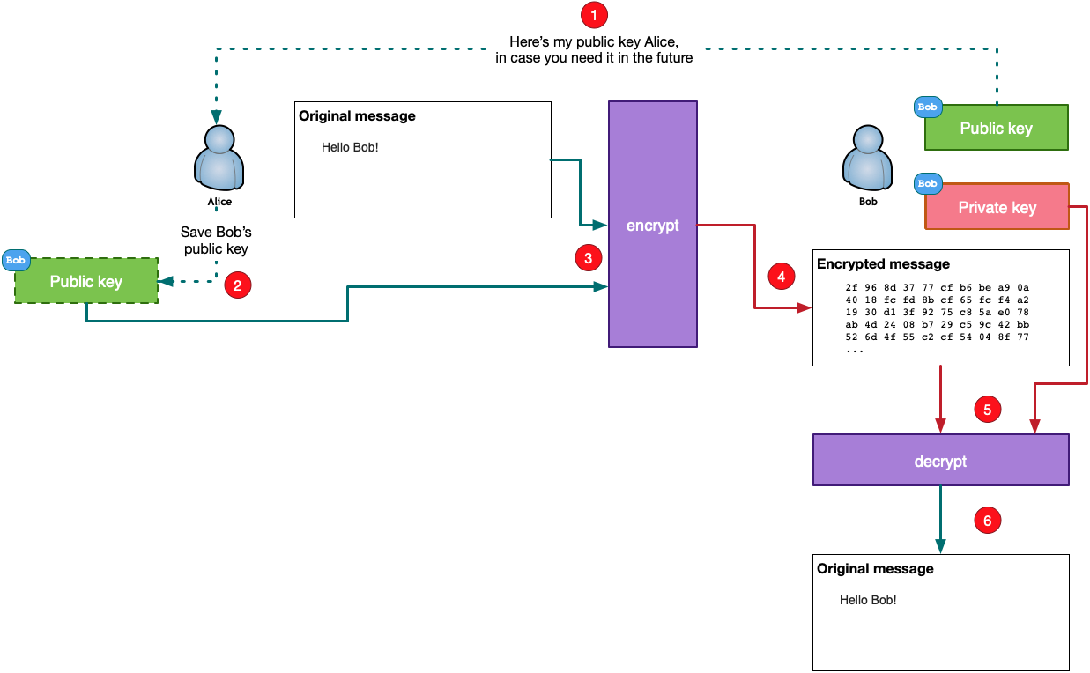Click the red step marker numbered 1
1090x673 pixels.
594,15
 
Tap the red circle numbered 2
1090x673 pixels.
237,285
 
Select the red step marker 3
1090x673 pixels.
588,257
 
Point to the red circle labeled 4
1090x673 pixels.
781,276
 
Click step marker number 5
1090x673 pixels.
987,410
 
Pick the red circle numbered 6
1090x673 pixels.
987,521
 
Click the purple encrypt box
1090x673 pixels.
652,225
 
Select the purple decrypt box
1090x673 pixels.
940,461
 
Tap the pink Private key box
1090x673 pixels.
997,207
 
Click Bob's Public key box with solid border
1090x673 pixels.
996,129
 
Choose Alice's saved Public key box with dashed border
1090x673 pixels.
86,282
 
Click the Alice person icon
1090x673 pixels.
219,159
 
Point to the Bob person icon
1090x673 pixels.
868,159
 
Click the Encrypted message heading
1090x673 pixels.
883,264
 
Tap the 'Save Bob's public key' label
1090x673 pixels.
216,240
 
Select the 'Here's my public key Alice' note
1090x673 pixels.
594,50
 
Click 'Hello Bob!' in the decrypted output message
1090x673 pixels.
867,600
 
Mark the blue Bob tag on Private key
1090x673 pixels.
927,184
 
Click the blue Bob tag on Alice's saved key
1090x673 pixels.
16,260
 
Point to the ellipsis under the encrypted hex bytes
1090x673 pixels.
855,351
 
